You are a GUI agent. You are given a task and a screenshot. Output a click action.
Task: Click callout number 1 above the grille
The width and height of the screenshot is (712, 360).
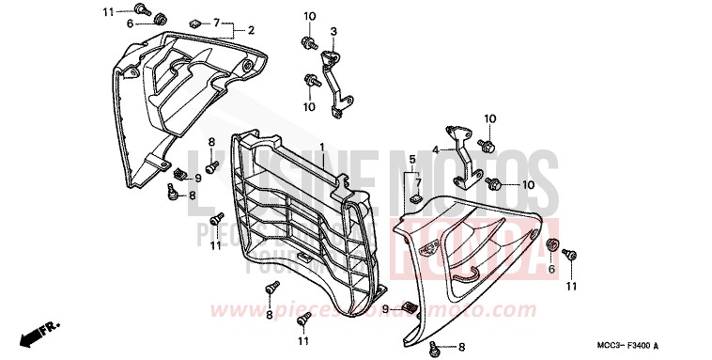(x=321, y=148)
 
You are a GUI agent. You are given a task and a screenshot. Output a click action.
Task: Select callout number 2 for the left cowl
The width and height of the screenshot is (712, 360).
(x=251, y=30)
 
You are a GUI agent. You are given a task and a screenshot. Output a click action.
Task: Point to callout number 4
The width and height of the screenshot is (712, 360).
(x=436, y=149)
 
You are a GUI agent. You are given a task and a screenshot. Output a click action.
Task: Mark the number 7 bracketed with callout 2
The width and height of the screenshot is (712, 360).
(x=216, y=22)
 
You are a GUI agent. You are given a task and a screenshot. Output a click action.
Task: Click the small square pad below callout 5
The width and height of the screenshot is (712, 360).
(x=413, y=200)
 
